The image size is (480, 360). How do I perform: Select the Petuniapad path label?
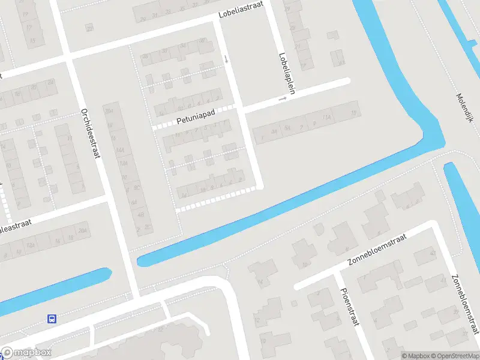point(196,120)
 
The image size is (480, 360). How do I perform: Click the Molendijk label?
point(465,108)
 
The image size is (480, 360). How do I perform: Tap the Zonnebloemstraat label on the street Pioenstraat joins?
point(377,251)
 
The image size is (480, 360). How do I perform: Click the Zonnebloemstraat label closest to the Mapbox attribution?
point(465,305)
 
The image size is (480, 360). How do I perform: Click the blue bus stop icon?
point(52,319)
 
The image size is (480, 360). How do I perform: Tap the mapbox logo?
point(26,353)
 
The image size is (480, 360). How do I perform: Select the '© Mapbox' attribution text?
point(416,356)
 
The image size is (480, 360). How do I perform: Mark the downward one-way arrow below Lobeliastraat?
point(226,59)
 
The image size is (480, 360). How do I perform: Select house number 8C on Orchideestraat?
point(137,188)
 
